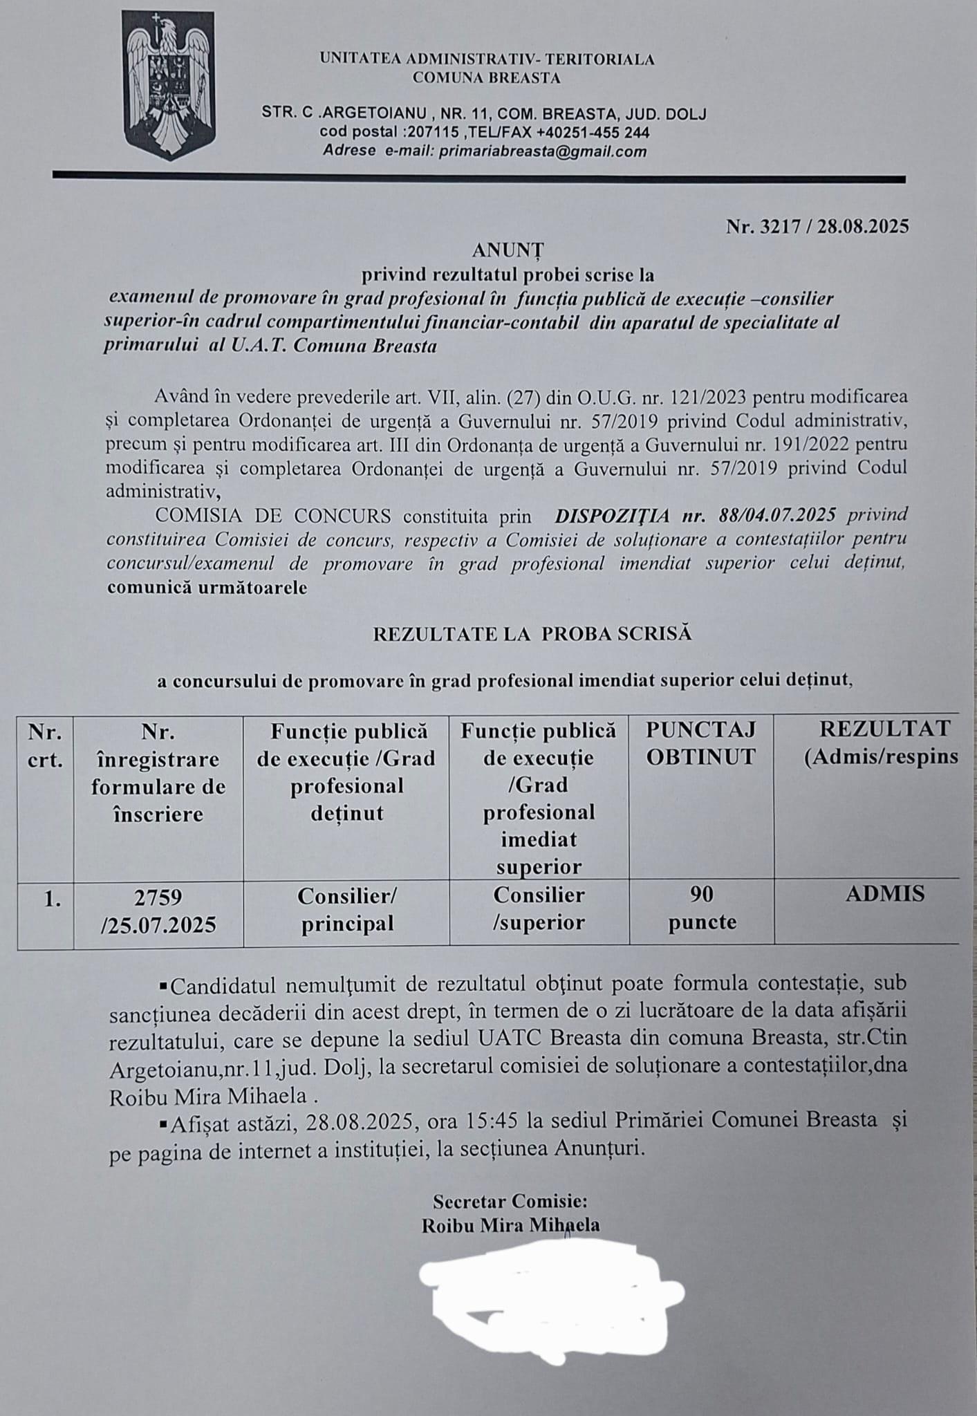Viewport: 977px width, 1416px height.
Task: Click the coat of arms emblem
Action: tap(169, 85)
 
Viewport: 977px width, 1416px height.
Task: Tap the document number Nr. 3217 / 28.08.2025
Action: tap(817, 226)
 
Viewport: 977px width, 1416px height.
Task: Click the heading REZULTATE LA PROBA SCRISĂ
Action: tap(532, 633)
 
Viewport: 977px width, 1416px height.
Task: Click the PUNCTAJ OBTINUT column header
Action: tap(701, 743)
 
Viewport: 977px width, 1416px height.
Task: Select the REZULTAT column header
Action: tap(880, 743)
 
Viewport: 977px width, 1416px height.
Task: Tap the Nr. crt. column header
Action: tap(46, 745)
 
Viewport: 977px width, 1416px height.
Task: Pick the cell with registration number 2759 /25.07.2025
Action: tap(159, 911)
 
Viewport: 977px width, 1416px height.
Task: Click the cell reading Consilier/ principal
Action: tap(346, 910)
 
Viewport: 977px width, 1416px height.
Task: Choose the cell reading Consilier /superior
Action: tap(539, 909)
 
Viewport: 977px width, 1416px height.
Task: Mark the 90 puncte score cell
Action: tap(702, 909)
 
